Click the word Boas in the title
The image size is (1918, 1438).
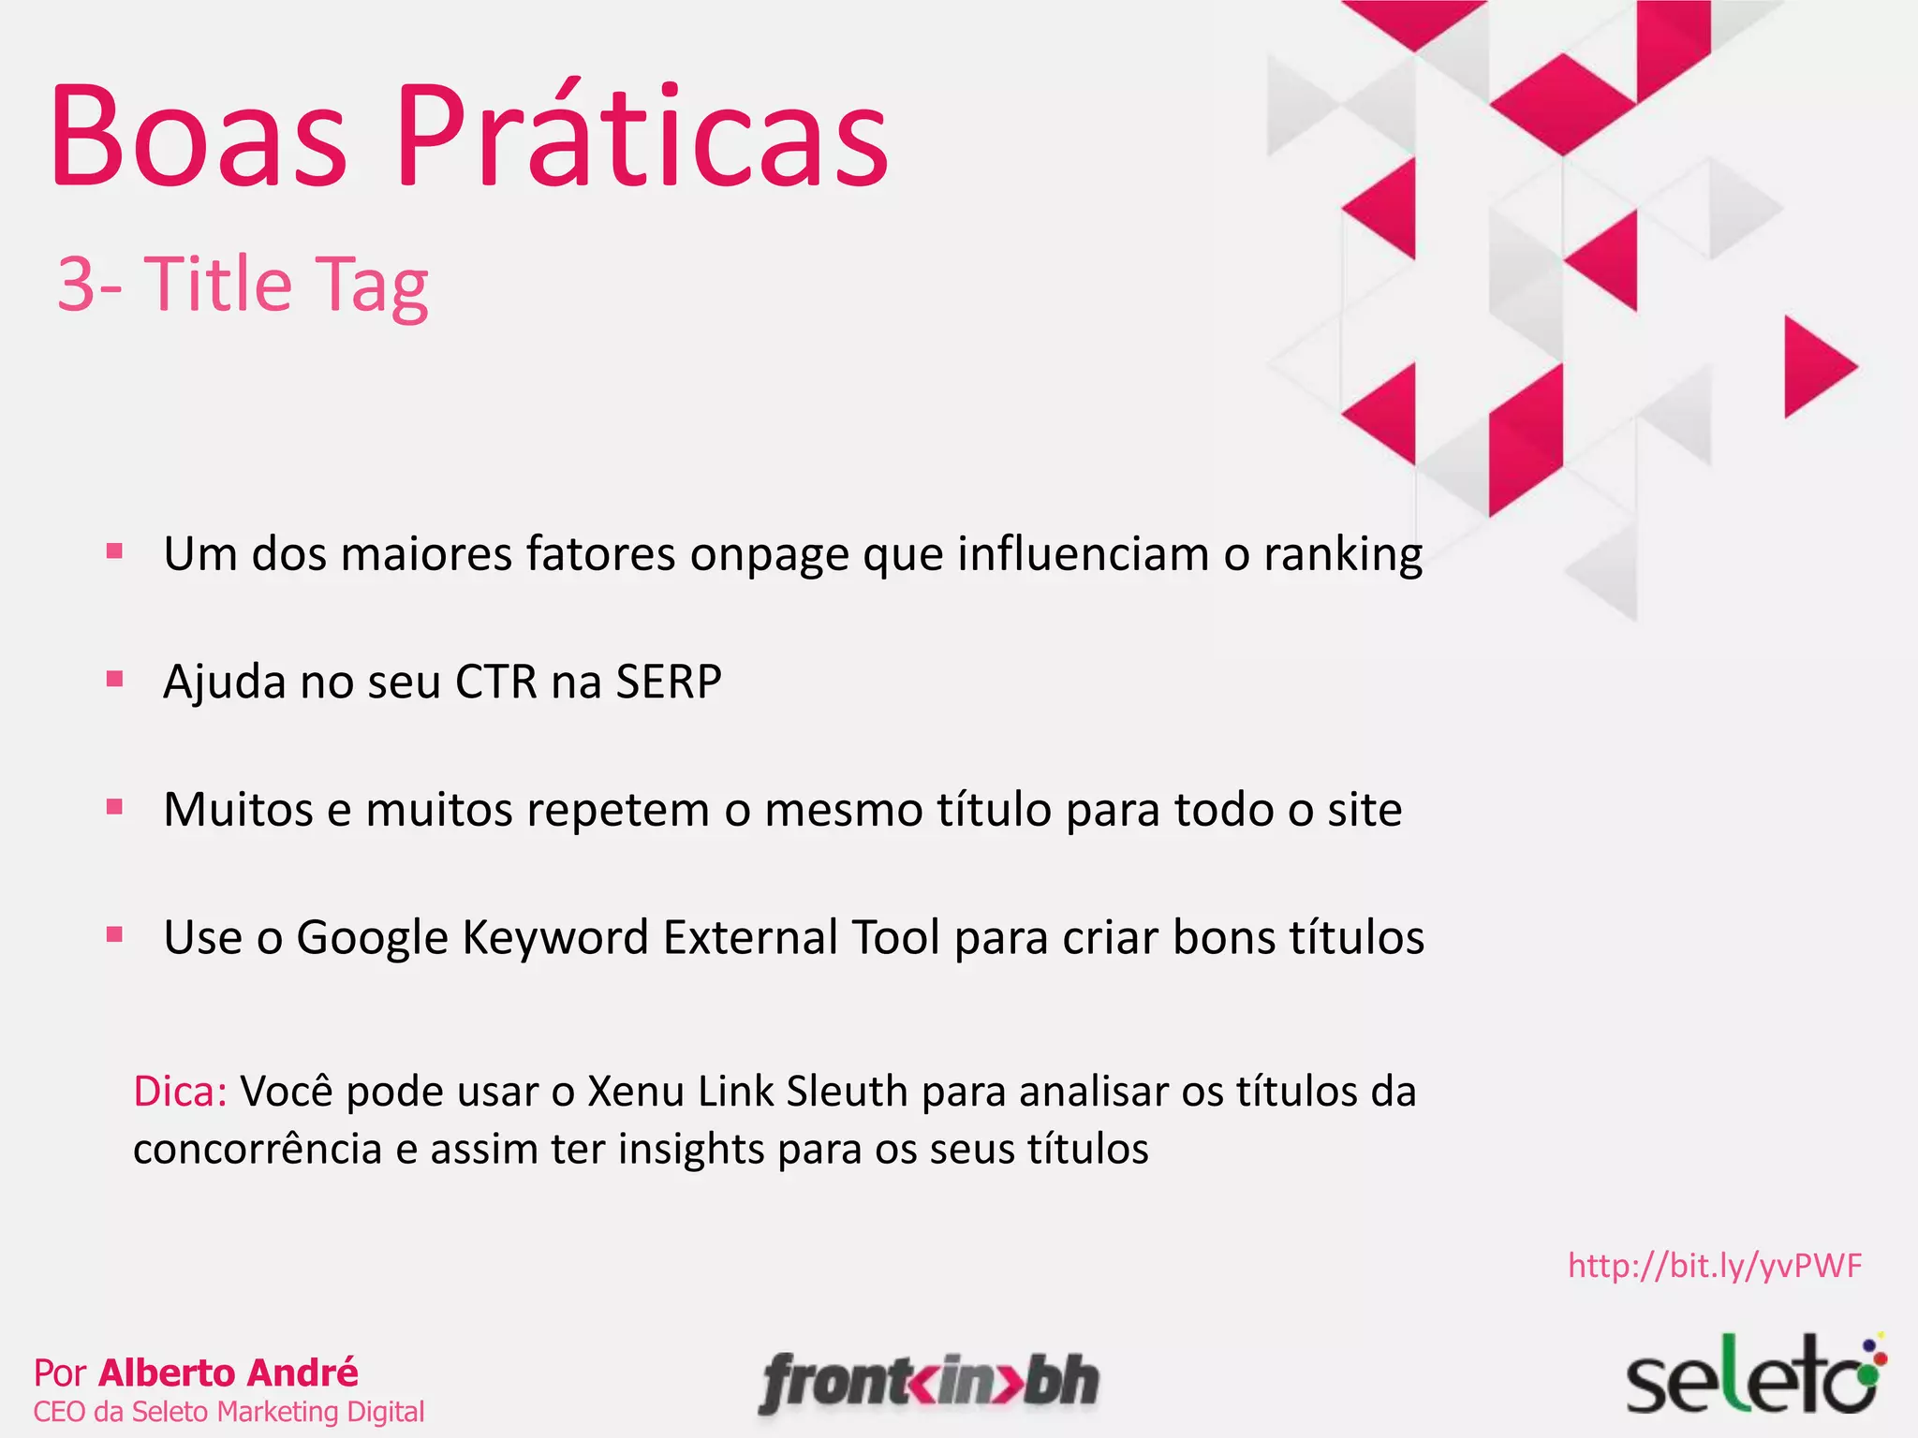[199, 138]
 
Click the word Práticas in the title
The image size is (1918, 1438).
[642, 138]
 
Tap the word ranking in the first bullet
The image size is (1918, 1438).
[1343, 554]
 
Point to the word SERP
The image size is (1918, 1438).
[668, 682]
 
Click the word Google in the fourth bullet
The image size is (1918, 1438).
[372, 937]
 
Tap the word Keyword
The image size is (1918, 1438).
[554, 937]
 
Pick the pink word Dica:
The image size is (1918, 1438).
[180, 1092]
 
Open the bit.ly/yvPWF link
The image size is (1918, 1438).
[1715, 1266]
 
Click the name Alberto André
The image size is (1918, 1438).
[229, 1372]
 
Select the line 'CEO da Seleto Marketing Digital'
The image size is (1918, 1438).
[229, 1412]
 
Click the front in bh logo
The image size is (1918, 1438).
[929, 1382]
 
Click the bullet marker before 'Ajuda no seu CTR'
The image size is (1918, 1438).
[115, 679]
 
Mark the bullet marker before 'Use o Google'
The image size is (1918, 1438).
[115, 933]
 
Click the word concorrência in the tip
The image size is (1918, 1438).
[258, 1150]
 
